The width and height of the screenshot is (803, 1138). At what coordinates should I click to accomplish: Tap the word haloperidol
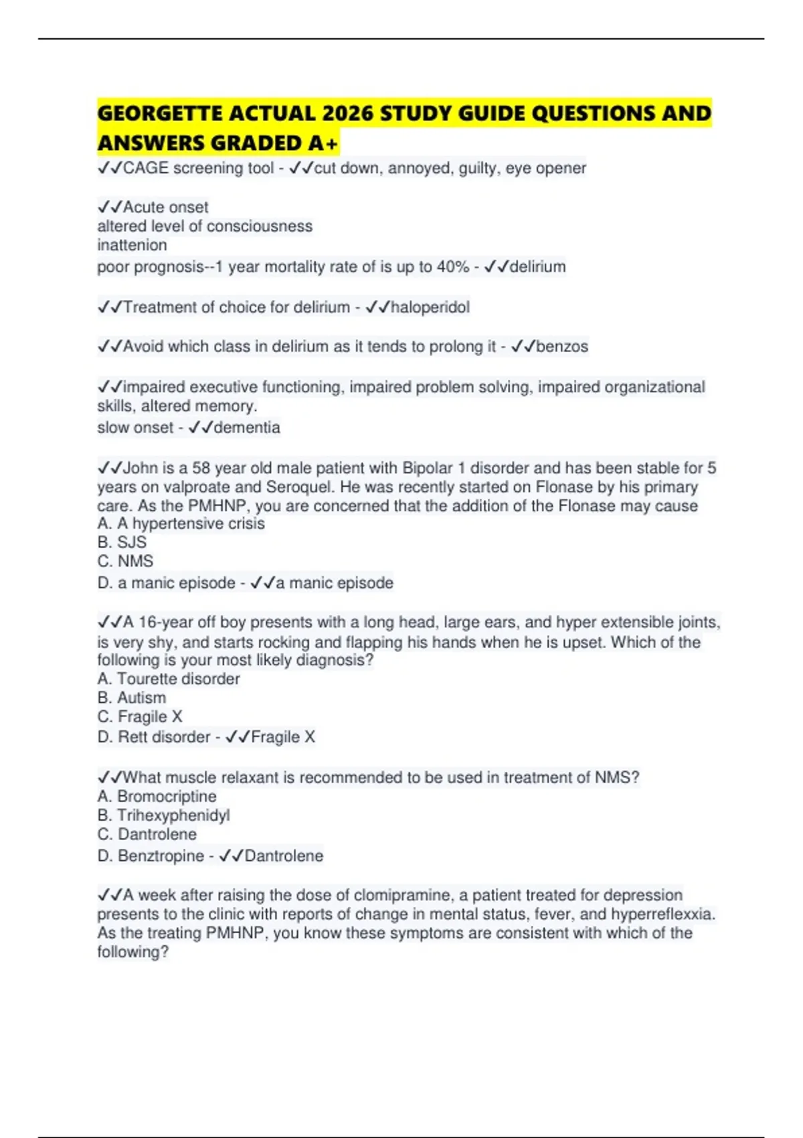430,307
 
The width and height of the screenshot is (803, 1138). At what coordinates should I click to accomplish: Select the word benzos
562,347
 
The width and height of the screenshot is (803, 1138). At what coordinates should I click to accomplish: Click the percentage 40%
452,267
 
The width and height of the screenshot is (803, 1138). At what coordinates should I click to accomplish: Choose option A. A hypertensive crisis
181,523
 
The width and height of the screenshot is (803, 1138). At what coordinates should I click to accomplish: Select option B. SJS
122,542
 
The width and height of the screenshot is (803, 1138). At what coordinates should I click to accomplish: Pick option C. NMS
125,561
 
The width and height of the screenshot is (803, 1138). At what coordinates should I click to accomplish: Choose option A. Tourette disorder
168,679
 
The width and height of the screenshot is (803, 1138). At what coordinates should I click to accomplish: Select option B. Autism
131,698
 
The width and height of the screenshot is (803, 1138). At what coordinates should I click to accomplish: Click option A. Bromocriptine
157,797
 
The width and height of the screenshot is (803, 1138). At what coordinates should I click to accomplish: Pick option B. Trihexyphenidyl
163,815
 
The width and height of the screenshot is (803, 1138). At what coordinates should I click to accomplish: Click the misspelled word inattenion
132,245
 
